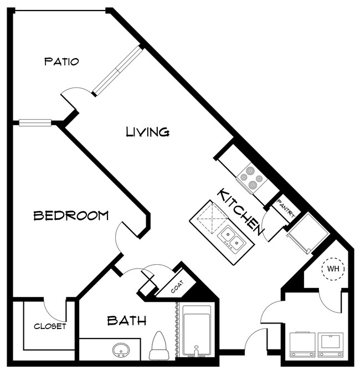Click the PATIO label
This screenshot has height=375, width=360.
pos(61,61)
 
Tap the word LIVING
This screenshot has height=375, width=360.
pos(147,132)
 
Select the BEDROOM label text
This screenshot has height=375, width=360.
pos(71,215)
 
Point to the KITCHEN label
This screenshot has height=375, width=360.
pos(240,210)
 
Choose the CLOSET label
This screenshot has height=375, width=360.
pos(50,326)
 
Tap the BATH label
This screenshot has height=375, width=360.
pos(126,320)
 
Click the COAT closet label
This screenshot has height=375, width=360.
pos(178,287)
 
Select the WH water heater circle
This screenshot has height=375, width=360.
pos(334,269)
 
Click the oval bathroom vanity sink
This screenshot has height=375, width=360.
pos(120,351)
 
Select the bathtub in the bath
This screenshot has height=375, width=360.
pos(197,331)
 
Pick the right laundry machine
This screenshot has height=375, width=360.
pos(331,344)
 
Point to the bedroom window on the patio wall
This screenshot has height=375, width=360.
pos(35,122)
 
